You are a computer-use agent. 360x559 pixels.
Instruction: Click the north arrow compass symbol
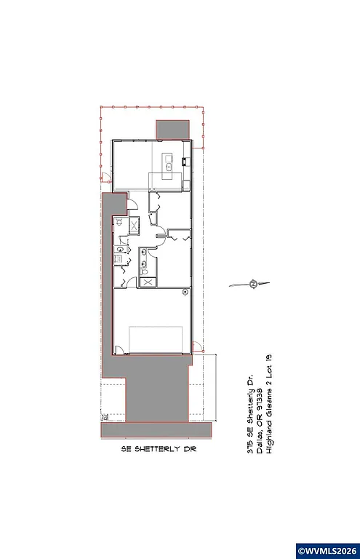pos(252,284)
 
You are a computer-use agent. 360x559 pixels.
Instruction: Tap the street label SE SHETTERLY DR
pos(159,450)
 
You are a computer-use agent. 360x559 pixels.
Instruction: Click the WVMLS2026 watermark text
pos(325,548)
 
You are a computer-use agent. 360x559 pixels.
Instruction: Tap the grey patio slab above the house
pos(174,129)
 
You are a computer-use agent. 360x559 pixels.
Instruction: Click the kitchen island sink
pos(168,166)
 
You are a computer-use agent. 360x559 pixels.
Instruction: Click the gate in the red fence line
pos(104,176)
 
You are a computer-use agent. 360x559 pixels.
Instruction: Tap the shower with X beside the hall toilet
pos(135,226)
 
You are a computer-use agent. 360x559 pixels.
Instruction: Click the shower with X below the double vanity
pos(148,282)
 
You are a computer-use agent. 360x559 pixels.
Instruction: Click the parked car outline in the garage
pos(156,340)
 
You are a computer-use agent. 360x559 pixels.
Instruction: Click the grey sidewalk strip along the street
pos(158,431)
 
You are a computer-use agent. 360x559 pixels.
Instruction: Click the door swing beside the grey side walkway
pos(123,201)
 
